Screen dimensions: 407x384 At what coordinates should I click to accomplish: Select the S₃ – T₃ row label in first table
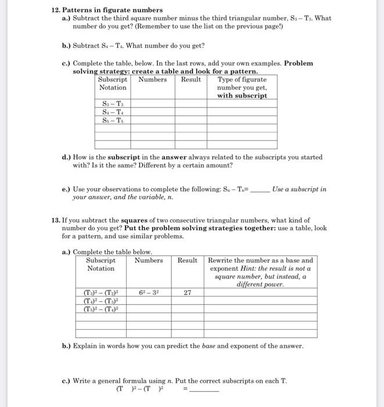pyautogui.click(x=112, y=103)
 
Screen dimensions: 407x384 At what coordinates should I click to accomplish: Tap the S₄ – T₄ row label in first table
pyautogui.click(x=112, y=112)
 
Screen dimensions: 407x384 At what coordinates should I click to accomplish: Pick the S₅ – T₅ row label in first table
pyautogui.click(x=112, y=120)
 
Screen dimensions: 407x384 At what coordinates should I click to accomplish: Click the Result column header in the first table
pyautogui.click(x=191, y=80)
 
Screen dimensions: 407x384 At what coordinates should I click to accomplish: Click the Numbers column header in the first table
pyautogui.click(x=152, y=80)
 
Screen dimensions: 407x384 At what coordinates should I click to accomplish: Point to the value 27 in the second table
pyautogui.click(x=187, y=293)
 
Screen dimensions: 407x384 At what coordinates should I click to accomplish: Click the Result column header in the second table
pyautogui.click(x=187, y=260)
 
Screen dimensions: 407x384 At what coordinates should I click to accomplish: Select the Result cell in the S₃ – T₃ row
pyautogui.click(x=191, y=103)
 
